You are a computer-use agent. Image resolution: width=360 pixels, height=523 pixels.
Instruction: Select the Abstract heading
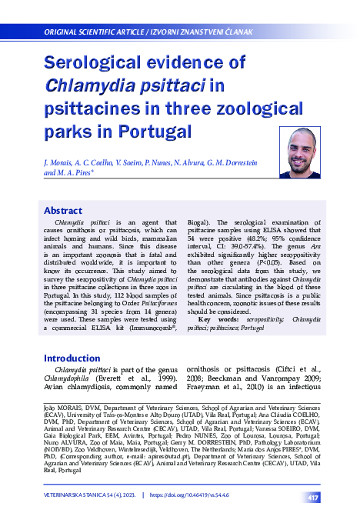click(63, 210)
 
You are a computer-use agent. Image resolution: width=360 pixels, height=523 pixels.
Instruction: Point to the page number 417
click(313, 498)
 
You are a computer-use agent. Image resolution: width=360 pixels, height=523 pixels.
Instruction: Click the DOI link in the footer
click(189, 498)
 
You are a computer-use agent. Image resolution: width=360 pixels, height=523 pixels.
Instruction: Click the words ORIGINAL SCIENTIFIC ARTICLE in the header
click(94, 32)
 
